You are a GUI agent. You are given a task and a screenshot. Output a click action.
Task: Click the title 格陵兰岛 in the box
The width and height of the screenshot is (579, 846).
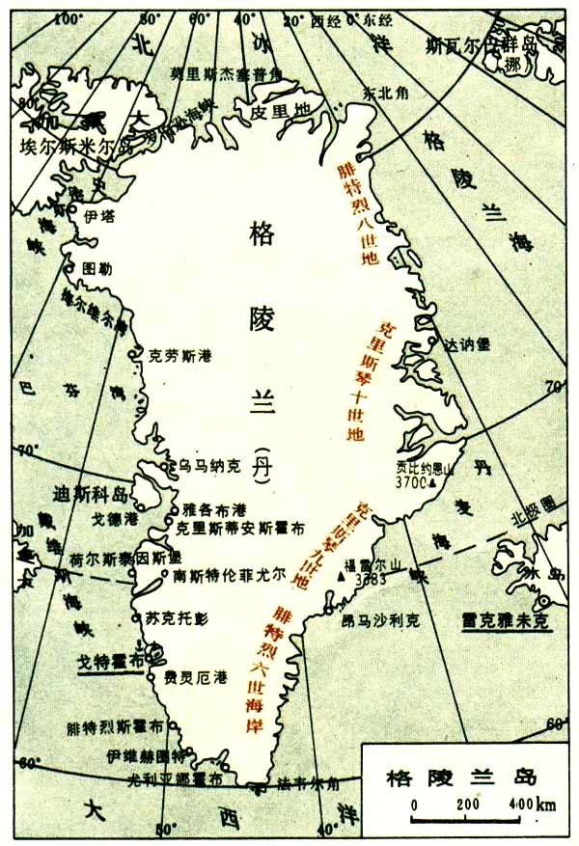(458, 775)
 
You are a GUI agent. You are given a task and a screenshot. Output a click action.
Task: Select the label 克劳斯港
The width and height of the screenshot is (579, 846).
(179, 355)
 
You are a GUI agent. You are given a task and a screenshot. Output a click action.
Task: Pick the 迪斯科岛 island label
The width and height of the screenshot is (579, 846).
(92, 494)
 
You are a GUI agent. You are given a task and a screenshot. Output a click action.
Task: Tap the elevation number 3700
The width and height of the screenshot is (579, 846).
(412, 479)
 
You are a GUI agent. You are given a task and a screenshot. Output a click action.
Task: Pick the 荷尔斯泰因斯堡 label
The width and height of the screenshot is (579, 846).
(132, 557)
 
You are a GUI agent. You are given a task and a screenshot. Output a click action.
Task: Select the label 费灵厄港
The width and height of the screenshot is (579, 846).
(197, 676)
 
